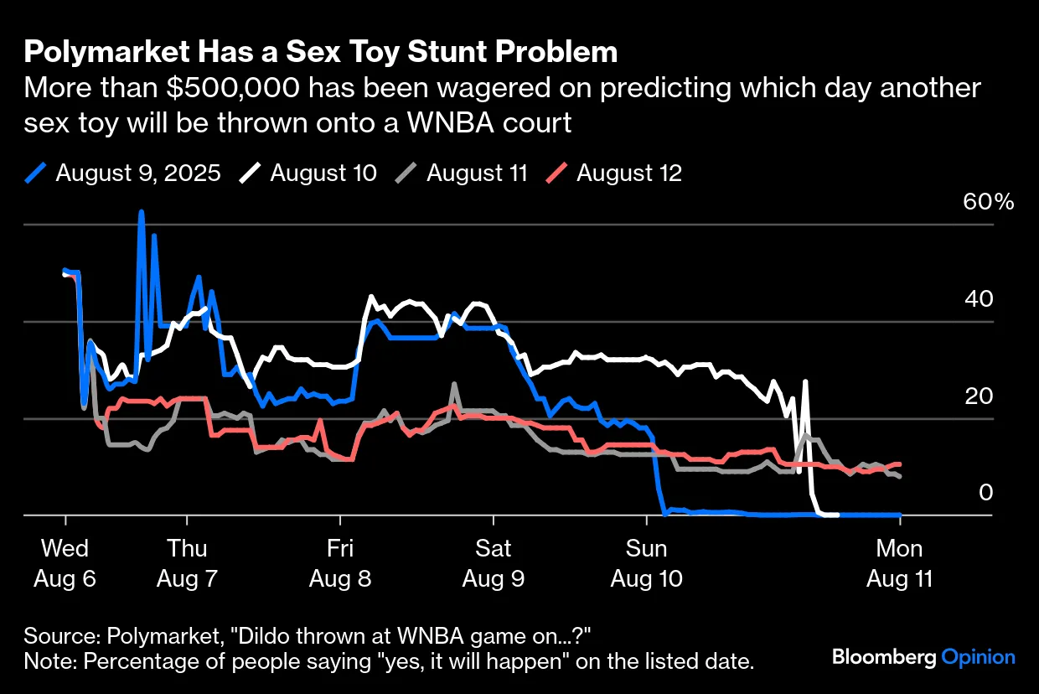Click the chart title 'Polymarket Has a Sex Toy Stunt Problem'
click(x=321, y=53)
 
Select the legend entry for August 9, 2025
click(x=123, y=173)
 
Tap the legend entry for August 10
click(x=308, y=173)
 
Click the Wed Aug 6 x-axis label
click(x=65, y=563)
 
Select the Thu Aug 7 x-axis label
click(x=188, y=563)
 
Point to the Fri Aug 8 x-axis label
click(x=339, y=563)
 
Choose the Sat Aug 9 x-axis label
click(x=494, y=563)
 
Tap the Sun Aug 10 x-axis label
click(x=647, y=563)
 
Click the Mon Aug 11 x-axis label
click(x=899, y=563)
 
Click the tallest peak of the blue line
click(x=141, y=212)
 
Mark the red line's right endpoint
click(x=899, y=464)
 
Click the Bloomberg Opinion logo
click(x=923, y=657)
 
